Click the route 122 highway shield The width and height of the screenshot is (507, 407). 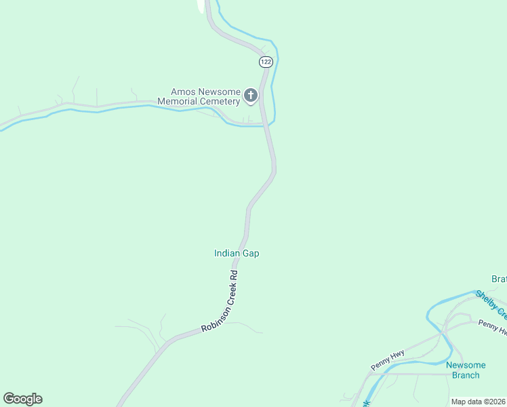coord(266,62)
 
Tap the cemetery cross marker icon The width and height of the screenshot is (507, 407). coord(251,96)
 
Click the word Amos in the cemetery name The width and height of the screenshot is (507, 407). coord(183,92)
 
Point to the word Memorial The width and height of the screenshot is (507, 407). coord(178,102)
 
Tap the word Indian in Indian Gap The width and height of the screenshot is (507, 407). coord(228,254)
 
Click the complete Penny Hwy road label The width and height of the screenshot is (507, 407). coord(388,360)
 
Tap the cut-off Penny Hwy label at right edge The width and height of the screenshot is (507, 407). coord(492,328)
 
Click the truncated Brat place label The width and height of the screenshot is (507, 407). coord(499,279)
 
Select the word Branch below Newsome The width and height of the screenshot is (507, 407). coord(465,375)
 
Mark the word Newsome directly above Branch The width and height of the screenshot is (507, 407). coord(466,365)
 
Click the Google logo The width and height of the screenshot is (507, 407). coord(23,399)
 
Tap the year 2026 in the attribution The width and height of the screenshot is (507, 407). coord(497,402)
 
